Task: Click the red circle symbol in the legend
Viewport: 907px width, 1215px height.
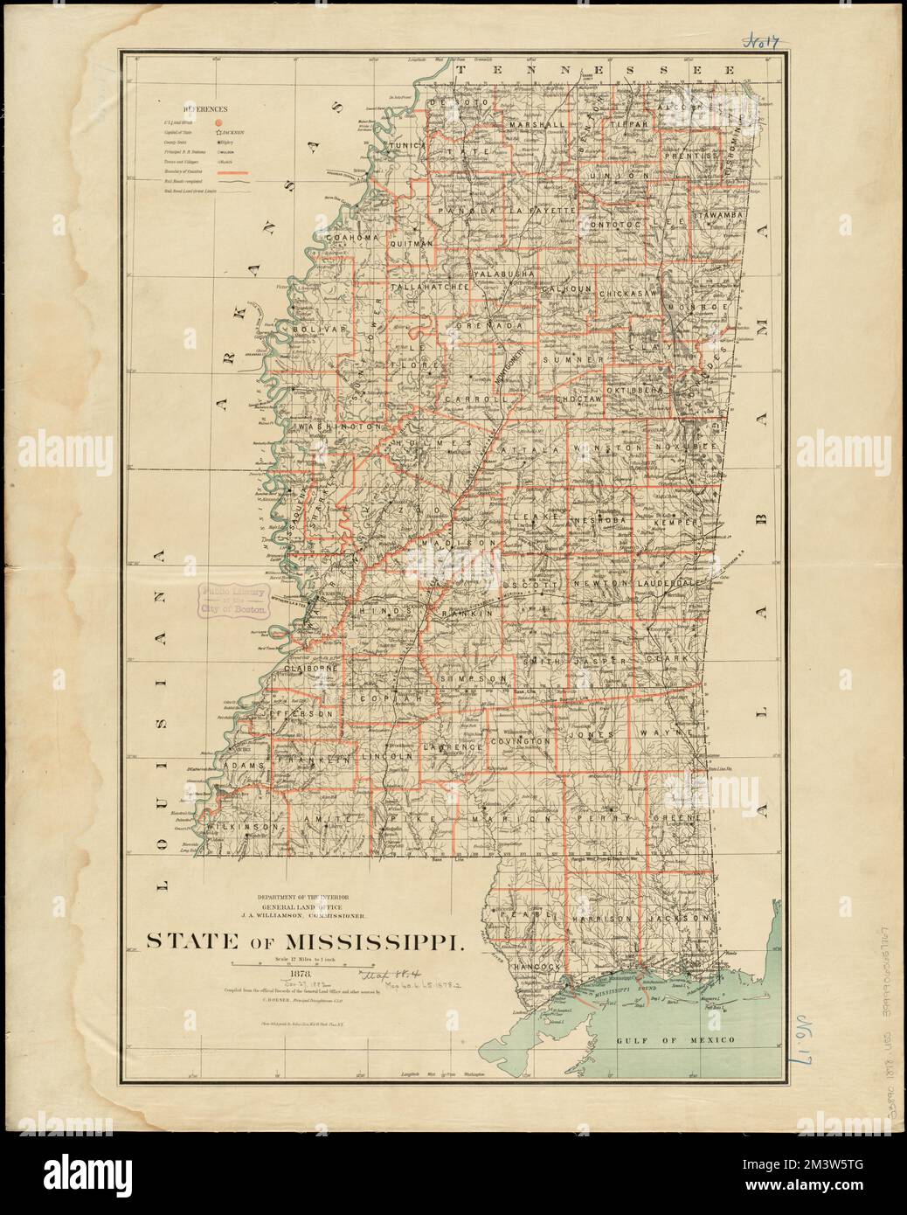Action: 219,123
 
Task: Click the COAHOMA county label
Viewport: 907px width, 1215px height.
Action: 350,237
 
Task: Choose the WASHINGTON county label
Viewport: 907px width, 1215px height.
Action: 339,427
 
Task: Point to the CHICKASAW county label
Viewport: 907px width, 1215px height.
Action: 627,295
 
